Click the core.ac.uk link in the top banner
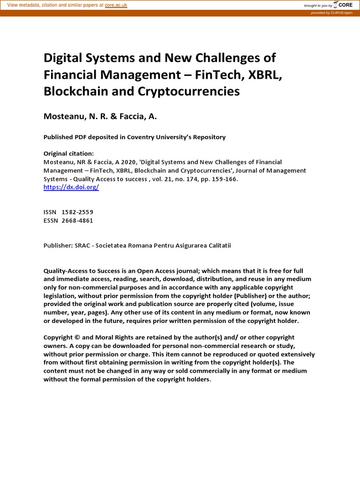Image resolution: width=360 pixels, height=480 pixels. point(116,5)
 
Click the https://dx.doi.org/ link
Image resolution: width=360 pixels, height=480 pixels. point(71,187)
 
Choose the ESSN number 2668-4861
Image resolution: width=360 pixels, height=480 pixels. point(77,221)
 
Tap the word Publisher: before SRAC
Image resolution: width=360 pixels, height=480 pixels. point(58,246)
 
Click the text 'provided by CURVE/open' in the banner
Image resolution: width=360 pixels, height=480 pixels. point(331,13)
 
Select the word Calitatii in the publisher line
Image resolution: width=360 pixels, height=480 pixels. point(217,246)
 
